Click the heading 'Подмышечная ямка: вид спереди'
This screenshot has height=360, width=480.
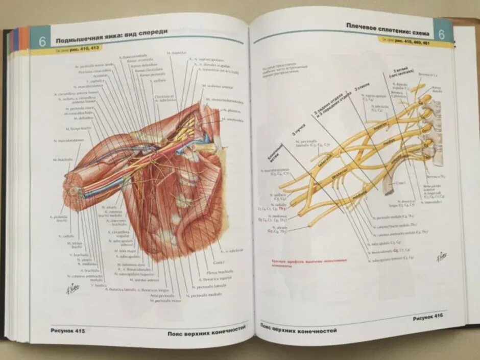(x=111, y=36)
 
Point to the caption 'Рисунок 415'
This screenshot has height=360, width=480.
(x=68, y=330)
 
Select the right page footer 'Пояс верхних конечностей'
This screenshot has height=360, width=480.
(x=299, y=328)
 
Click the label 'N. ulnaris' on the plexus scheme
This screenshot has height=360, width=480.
(x=280, y=227)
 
